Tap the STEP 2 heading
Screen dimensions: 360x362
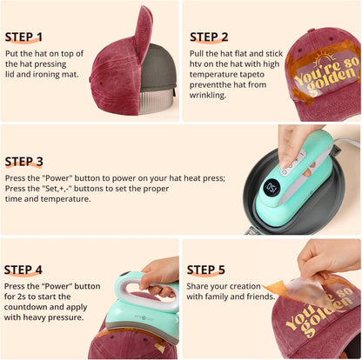click(x=210, y=37)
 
